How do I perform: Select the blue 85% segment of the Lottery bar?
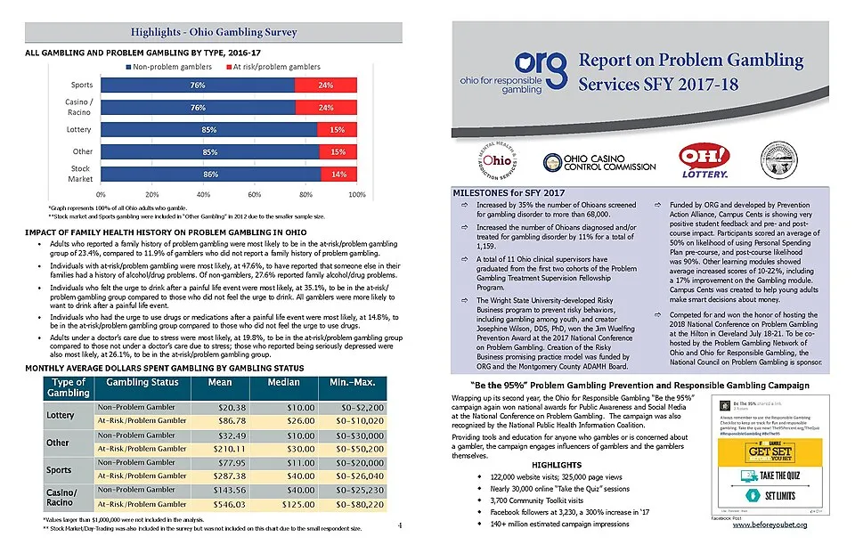210,130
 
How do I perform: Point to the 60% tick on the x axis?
255,192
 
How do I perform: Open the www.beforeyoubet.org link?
769,525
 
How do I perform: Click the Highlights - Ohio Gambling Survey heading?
214,33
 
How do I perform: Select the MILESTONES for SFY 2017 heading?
509,192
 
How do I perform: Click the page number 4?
400,525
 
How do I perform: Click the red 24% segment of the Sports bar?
326,86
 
